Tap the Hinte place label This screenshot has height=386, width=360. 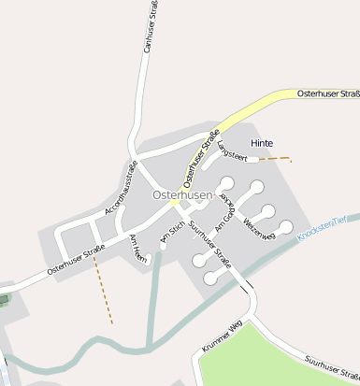263,142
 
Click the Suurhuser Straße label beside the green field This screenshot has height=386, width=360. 328,365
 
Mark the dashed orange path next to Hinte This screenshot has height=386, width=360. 273,159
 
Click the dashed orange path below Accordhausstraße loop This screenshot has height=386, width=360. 102,290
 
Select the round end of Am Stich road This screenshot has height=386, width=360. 163,247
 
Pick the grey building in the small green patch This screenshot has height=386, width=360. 4,300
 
